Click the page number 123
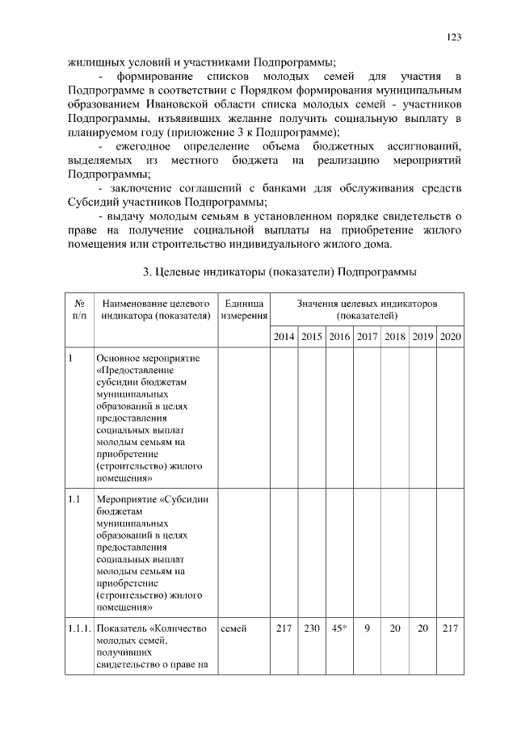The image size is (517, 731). click(454, 38)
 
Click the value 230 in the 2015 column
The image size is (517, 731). click(311, 628)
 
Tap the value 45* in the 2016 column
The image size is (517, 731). click(338, 628)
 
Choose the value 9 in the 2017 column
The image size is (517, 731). click(367, 628)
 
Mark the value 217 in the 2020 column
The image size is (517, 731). click(449, 628)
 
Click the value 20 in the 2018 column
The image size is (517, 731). click(394, 628)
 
